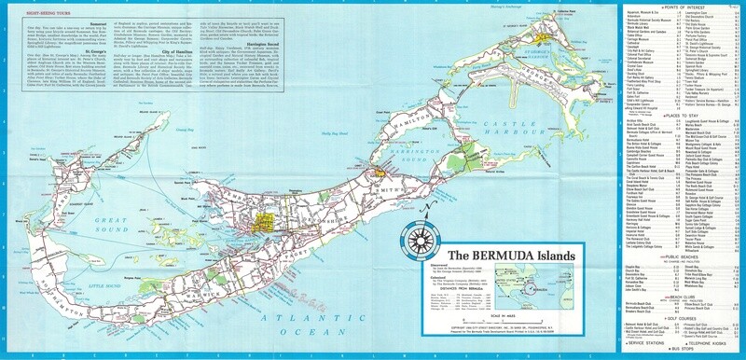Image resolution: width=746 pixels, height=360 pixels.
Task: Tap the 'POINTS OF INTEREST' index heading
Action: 670,7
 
